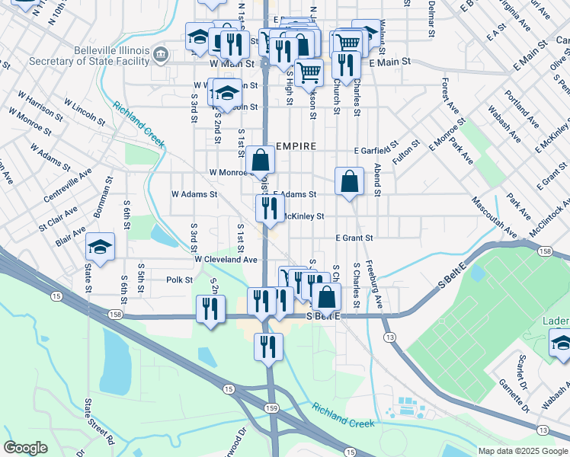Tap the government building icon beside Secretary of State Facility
(x=161, y=53)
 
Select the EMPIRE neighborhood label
(x=293, y=145)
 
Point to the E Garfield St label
(x=376, y=149)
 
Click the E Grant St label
(x=354, y=238)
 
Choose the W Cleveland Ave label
(x=226, y=259)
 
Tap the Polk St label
(x=179, y=280)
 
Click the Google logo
(x=25, y=448)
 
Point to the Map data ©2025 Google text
(x=523, y=451)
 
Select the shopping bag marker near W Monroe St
(x=261, y=160)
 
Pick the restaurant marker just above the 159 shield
(x=268, y=347)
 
